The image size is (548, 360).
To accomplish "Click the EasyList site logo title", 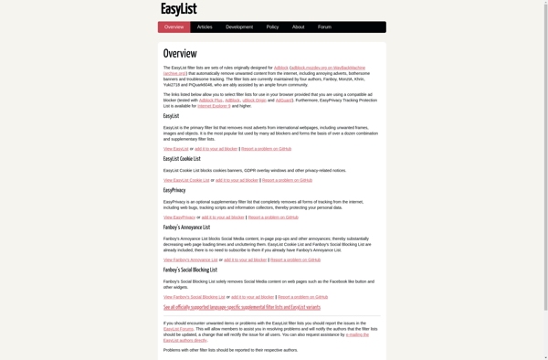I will click(x=178, y=9).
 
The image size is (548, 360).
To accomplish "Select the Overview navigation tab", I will click(x=174, y=27).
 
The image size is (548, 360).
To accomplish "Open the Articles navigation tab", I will click(x=205, y=27).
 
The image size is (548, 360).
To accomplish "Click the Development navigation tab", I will click(x=239, y=27).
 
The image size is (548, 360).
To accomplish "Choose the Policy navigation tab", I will click(x=272, y=27).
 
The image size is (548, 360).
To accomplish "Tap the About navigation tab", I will click(x=298, y=27).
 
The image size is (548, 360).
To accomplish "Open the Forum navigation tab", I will click(x=324, y=27).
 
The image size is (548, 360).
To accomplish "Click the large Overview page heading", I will click(x=180, y=54).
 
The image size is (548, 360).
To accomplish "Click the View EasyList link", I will click(x=176, y=149).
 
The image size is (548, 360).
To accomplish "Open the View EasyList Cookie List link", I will click(x=186, y=180).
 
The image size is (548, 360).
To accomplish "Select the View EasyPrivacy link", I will click(x=179, y=217).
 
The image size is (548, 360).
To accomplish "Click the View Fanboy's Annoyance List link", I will click(x=191, y=259).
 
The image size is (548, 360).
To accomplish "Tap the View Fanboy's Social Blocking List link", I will click(x=195, y=297).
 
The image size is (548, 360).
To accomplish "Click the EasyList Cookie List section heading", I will click(x=182, y=159).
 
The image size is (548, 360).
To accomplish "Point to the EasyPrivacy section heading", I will click(x=174, y=190).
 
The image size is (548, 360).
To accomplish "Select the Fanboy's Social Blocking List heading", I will click(x=190, y=270).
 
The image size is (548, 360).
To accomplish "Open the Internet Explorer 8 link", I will click(x=214, y=106).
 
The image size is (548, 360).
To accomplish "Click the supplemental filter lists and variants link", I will click(x=242, y=307).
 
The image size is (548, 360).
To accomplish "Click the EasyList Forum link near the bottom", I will click(x=178, y=329).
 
